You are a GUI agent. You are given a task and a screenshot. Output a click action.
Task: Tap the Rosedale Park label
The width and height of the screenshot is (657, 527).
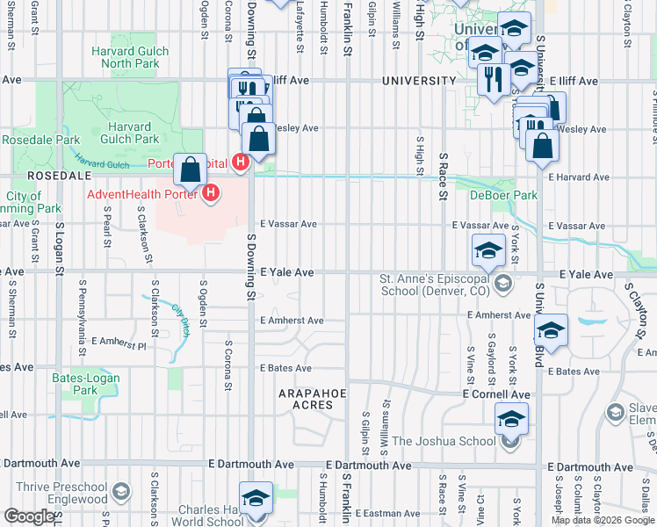pyautogui.click(x=40, y=140)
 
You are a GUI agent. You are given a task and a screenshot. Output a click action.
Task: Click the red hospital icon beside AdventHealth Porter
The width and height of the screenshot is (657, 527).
pyautogui.click(x=211, y=192)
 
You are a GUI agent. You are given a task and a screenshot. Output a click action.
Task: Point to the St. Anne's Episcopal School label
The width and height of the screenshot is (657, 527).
pyautogui.click(x=435, y=285)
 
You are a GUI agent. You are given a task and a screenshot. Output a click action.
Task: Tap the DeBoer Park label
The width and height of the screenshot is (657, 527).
pyautogui.click(x=491, y=195)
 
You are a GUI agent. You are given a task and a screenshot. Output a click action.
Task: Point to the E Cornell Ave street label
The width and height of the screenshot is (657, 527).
pyautogui.click(x=496, y=395)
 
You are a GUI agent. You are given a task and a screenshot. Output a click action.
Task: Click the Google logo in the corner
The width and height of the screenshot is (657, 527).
pyautogui.click(x=29, y=516)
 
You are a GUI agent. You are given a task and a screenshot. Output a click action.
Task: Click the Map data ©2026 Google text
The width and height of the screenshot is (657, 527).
pyautogui.click(x=603, y=520)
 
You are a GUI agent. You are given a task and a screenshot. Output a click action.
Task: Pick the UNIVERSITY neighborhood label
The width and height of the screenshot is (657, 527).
pyautogui.click(x=419, y=81)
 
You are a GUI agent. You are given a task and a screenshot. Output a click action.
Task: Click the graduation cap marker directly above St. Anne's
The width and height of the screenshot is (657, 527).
pyautogui.click(x=488, y=251)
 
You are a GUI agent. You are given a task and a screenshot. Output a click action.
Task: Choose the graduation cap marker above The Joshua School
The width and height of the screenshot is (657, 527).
pyautogui.click(x=511, y=419)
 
